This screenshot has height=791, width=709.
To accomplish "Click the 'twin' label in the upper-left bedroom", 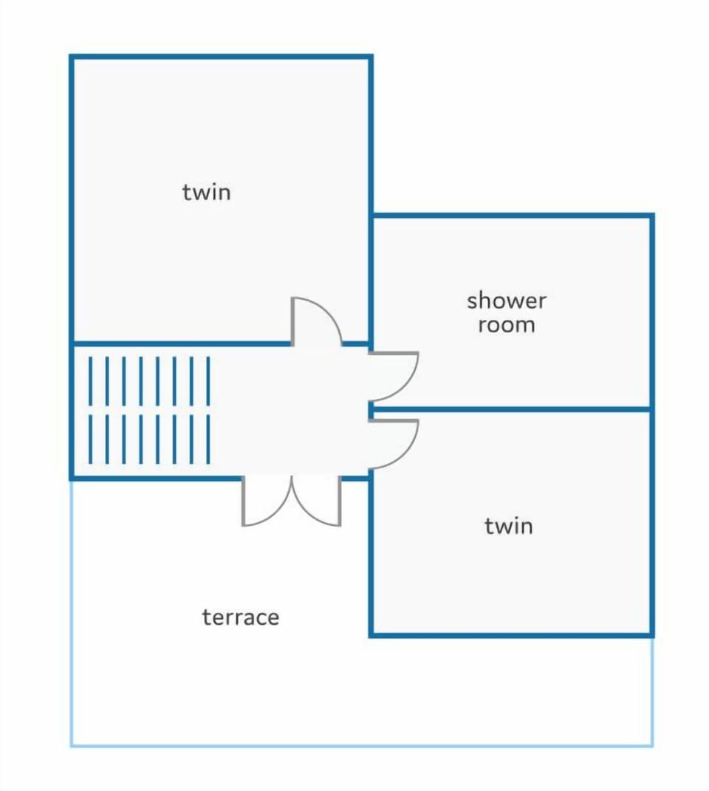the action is pyautogui.click(x=206, y=192).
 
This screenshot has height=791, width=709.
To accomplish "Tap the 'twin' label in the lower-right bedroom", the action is pyautogui.click(x=509, y=526).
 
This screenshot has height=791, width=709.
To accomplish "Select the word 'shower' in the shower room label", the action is pyautogui.click(x=506, y=301).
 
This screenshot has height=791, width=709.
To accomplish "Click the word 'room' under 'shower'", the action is pyautogui.click(x=507, y=325).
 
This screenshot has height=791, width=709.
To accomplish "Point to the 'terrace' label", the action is pyautogui.click(x=241, y=617).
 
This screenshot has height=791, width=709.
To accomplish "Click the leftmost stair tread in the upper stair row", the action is pyautogui.click(x=90, y=381).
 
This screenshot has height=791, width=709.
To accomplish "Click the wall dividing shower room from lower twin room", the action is pyautogui.click(x=510, y=408).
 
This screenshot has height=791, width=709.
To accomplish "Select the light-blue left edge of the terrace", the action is pyautogui.click(x=71, y=612).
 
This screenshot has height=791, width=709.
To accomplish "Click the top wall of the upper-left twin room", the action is pyautogui.click(x=221, y=57).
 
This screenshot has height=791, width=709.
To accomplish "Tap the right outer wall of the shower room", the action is pyautogui.click(x=651, y=312).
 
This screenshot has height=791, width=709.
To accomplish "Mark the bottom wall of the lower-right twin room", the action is pyautogui.click(x=512, y=635).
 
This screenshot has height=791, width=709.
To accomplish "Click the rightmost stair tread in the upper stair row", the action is pyautogui.click(x=208, y=381).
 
